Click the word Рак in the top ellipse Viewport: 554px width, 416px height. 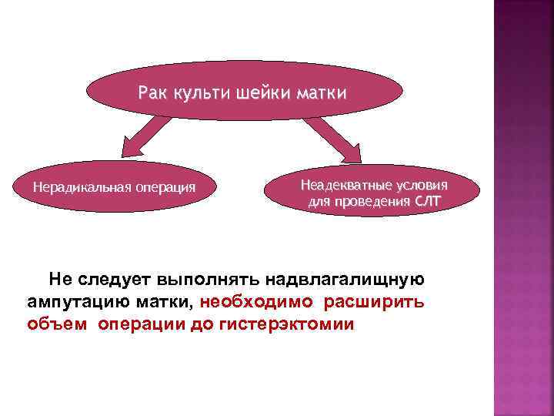[152, 94]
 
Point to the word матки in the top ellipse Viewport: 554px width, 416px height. [322, 94]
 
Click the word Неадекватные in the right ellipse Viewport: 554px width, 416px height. [339, 186]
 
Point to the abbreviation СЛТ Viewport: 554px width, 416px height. [429, 203]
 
